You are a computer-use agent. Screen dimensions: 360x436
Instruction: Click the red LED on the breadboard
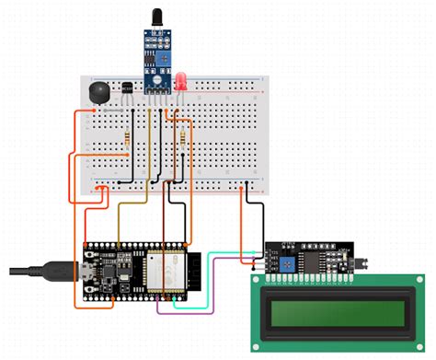[183, 83]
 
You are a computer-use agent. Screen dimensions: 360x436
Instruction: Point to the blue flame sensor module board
[155, 54]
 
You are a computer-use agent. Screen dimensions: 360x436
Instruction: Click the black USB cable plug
[55, 271]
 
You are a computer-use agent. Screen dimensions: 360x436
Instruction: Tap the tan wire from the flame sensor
[145, 147]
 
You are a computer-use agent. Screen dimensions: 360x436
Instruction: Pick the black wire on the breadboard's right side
[261, 216]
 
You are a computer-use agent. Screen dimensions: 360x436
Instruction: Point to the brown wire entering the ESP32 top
[165, 216]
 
